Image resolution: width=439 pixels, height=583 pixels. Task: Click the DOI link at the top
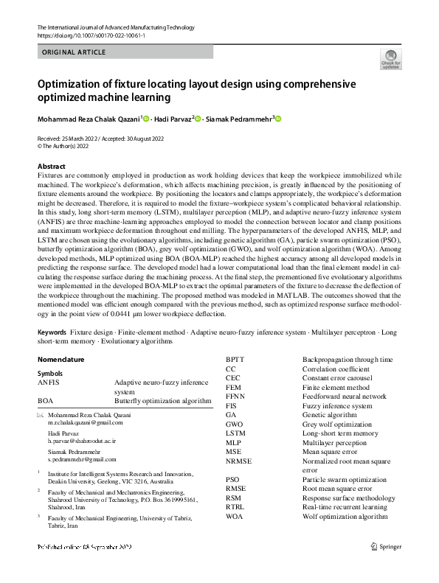86,35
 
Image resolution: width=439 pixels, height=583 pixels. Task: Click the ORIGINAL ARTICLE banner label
75,52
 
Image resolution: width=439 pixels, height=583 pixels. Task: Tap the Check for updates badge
390,60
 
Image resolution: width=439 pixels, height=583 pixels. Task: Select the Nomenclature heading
61,360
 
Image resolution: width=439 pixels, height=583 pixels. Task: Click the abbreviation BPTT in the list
237,359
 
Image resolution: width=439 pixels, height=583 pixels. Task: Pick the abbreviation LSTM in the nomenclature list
237,433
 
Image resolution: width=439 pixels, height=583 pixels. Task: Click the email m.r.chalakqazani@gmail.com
85,423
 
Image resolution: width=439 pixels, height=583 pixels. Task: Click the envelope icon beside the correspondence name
41,415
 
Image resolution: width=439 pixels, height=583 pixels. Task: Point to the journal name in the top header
116,27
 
